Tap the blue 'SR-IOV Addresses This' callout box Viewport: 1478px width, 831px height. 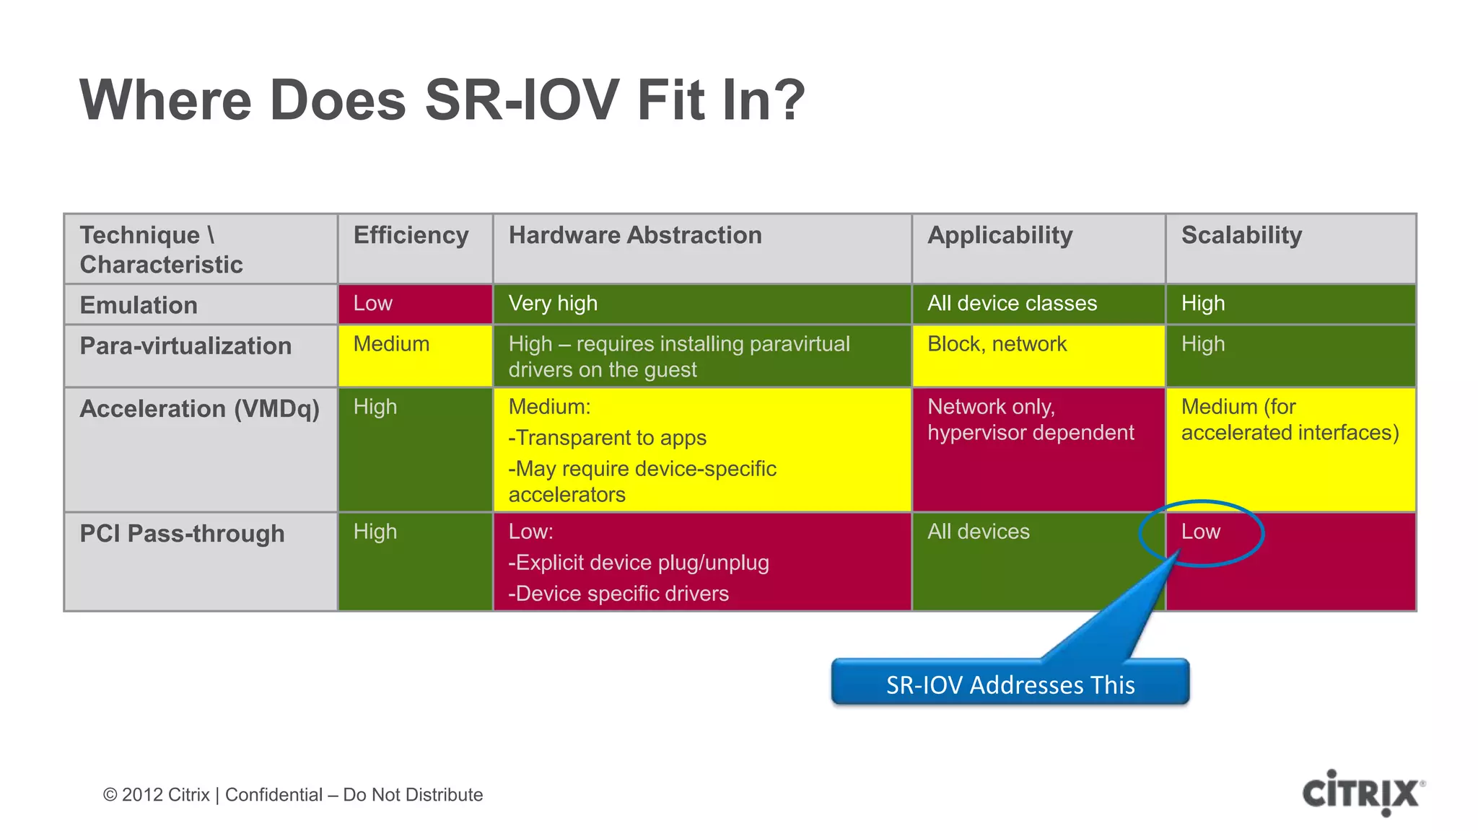click(1010, 683)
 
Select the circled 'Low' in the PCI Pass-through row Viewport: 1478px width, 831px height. click(1201, 532)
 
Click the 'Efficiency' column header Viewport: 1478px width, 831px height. click(411, 236)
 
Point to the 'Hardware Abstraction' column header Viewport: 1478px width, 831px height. click(635, 236)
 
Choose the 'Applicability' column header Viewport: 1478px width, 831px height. click(1000, 236)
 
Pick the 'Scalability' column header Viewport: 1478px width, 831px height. click(1241, 236)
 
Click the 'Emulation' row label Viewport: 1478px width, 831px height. click(139, 305)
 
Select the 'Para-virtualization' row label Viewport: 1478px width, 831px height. click(185, 346)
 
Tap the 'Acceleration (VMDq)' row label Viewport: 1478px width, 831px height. click(199, 409)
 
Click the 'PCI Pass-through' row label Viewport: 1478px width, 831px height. click(182, 534)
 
